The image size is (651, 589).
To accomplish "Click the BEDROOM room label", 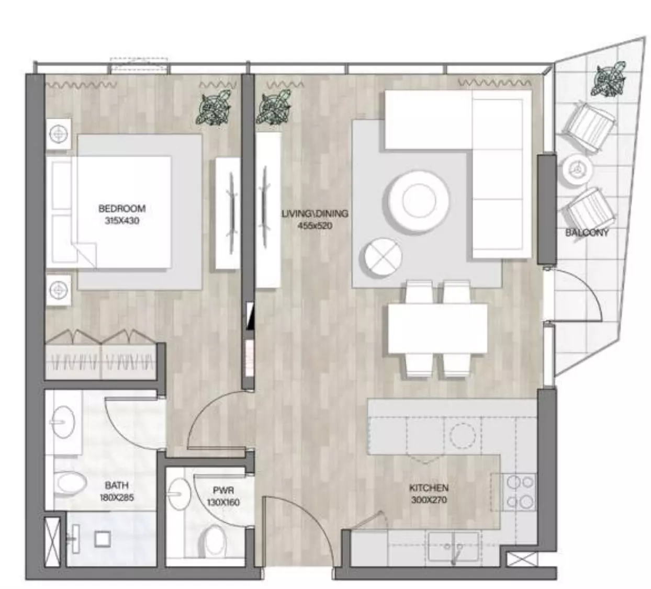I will click(x=122, y=208).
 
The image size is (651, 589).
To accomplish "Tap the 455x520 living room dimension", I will click(x=315, y=226).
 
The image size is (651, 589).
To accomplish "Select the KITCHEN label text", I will click(x=429, y=488).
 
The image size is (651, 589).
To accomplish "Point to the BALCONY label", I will click(x=587, y=233).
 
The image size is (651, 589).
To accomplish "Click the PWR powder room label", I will click(x=223, y=491).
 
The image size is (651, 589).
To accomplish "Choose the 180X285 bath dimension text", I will click(x=117, y=497).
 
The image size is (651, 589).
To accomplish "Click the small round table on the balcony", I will click(x=577, y=168).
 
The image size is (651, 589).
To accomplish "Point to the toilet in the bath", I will click(x=72, y=482).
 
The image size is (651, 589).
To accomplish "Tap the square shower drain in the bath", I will click(x=102, y=538).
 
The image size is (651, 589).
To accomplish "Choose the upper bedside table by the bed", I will click(x=59, y=134).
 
